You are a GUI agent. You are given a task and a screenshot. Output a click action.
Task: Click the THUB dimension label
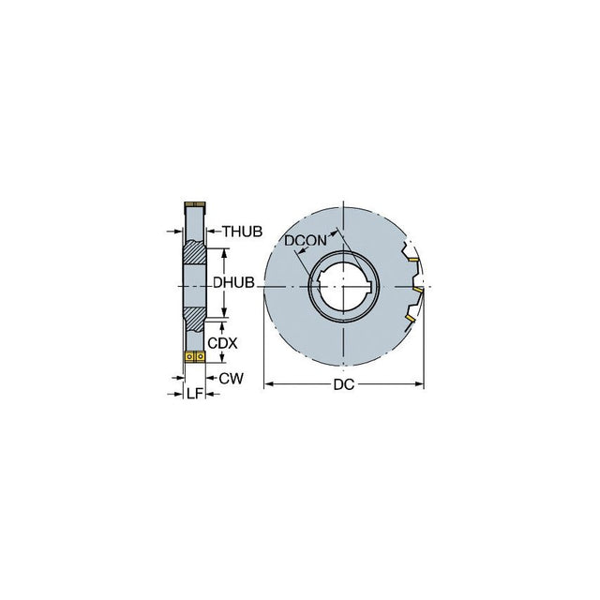click(243, 232)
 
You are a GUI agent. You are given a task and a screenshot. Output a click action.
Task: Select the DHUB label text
click(233, 283)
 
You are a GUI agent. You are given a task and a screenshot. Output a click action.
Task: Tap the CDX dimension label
click(222, 343)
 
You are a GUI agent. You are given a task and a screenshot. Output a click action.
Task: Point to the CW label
click(232, 379)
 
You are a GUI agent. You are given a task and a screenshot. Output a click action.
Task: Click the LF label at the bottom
click(194, 393)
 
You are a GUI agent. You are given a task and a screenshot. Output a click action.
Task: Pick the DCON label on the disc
click(306, 240)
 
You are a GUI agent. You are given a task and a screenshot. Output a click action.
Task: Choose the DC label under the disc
click(344, 384)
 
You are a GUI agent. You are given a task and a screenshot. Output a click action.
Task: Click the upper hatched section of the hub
click(194, 252)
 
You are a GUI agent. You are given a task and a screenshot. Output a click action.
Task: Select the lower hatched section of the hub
click(194, 319)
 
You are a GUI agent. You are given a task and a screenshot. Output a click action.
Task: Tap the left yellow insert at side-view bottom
click(189, 357)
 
